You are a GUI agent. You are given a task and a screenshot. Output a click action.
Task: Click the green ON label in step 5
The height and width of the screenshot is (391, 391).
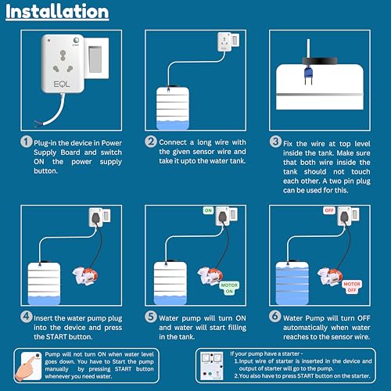(x=209, y=210)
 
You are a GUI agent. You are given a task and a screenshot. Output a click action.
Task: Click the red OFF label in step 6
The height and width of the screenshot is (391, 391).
(x=329, y=210)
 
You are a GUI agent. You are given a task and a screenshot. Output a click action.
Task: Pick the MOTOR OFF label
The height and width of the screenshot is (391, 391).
(x=352, y=285)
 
